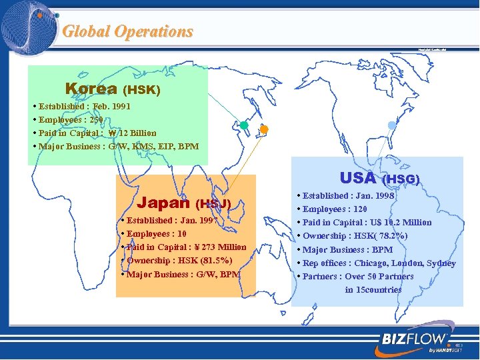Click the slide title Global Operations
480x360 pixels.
(x=127, y=31)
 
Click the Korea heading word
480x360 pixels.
(x=91, y=89)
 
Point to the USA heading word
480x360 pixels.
(x=357, y=178)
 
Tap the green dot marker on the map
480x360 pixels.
(x=244, y=125)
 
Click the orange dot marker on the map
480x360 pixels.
(x=264, y=129)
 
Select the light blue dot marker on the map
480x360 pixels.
(x=391, y=125)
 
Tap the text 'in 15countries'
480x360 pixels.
(x=373, y=289)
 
